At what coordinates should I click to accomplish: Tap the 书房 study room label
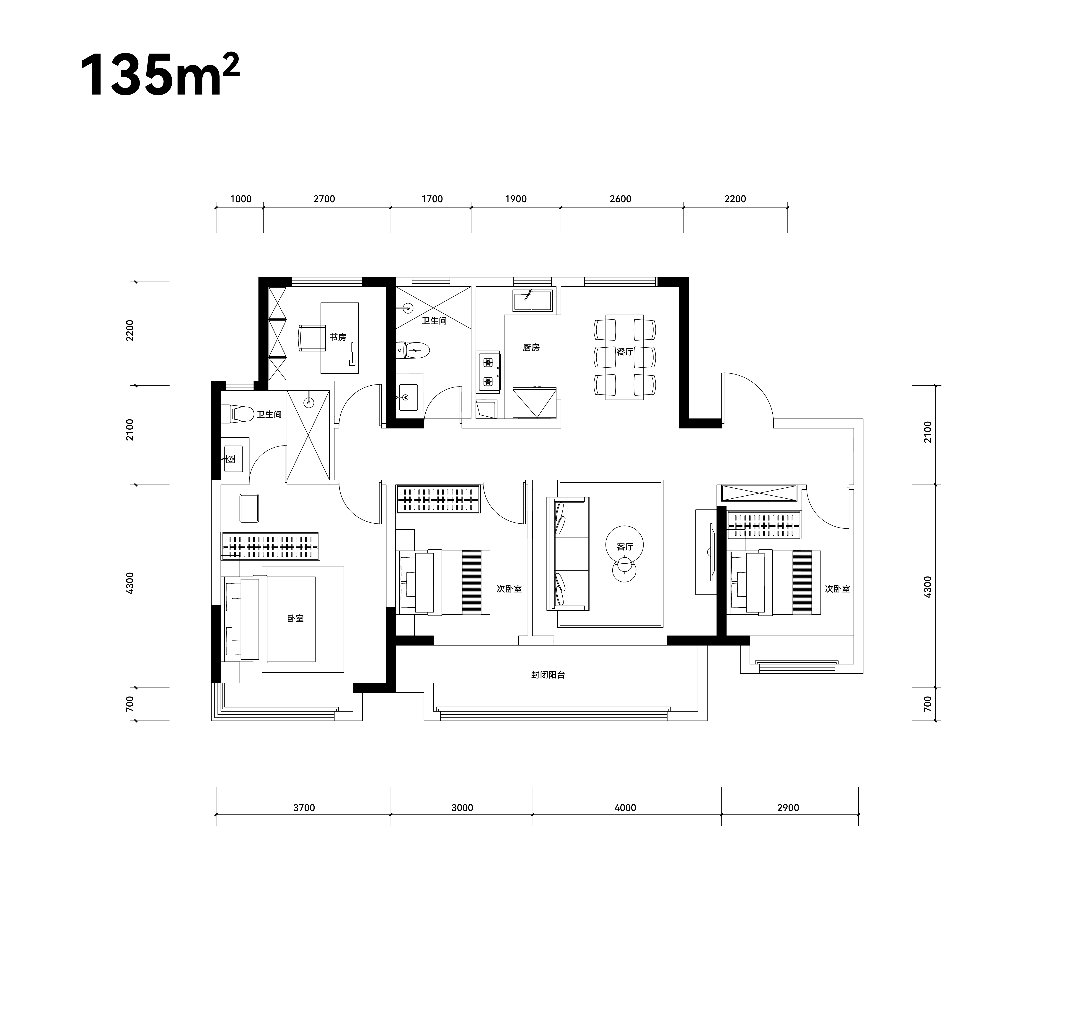[338, 338]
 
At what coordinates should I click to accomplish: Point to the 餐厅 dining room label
[625, 352]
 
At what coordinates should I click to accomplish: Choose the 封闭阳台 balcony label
[548, 675]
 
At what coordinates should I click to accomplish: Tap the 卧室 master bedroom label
[295, 618]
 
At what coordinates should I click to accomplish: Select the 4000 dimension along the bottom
[626, 808]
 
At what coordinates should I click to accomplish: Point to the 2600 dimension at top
[621, 199]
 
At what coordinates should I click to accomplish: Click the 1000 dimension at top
[241, 199]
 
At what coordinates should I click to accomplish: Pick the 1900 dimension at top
[516, 199]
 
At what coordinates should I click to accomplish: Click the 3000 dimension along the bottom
[462, 808]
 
